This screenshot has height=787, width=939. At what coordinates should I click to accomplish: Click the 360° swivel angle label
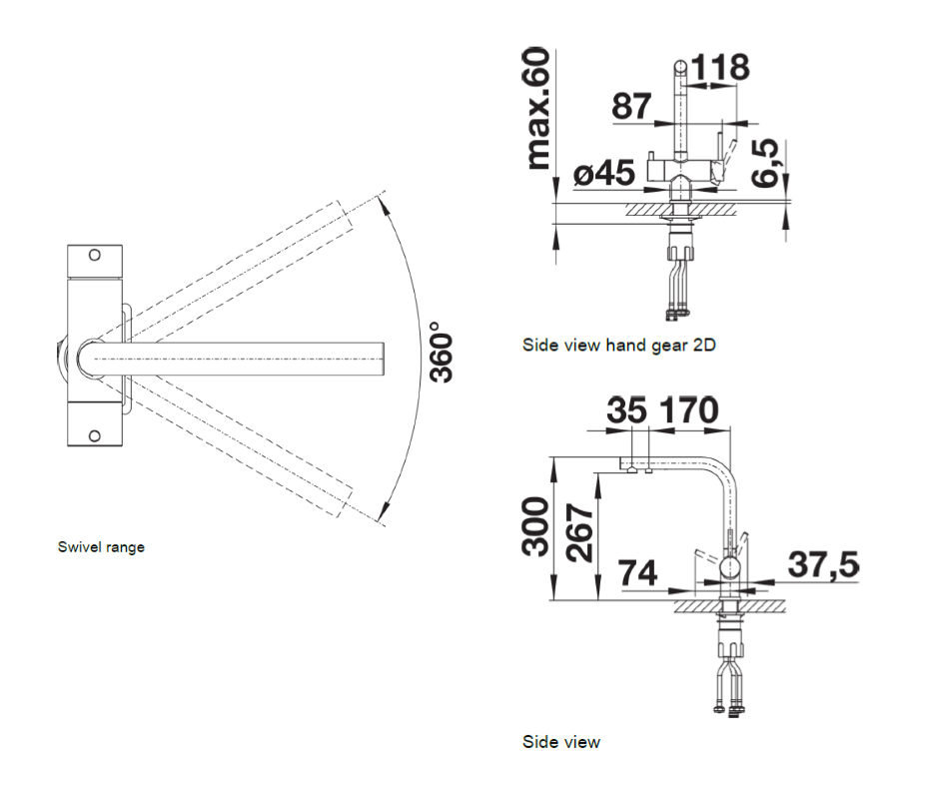click(442, 352)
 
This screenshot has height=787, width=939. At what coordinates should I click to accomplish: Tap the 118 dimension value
click(720, 67)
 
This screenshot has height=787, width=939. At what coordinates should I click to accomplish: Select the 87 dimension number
click(631, 106)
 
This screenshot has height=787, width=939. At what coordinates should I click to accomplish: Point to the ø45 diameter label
click(603, 173)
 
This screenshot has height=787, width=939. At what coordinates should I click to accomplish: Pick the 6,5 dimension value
click(765, 163)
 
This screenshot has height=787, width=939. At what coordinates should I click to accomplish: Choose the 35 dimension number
click(626, 410)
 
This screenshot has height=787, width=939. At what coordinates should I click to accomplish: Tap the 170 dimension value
click(689, 410)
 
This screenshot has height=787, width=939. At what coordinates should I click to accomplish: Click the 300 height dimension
click(535, 526)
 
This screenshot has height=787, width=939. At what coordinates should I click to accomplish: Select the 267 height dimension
click(579, 532)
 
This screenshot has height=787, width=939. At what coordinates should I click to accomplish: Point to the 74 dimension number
click(637, 572)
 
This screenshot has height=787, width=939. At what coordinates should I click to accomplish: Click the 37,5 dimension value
click(823, 565)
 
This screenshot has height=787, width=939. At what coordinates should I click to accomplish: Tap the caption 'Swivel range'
click(101, 547)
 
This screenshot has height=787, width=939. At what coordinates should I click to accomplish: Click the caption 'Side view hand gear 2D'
click(619, 345)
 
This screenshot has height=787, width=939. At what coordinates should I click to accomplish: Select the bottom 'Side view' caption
click(561, 742)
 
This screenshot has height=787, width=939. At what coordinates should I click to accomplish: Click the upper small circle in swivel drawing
click(95, 255)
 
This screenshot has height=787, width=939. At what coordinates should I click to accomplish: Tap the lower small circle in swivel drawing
click(95, 435)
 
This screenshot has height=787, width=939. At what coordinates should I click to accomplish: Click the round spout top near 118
click(682, 66)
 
